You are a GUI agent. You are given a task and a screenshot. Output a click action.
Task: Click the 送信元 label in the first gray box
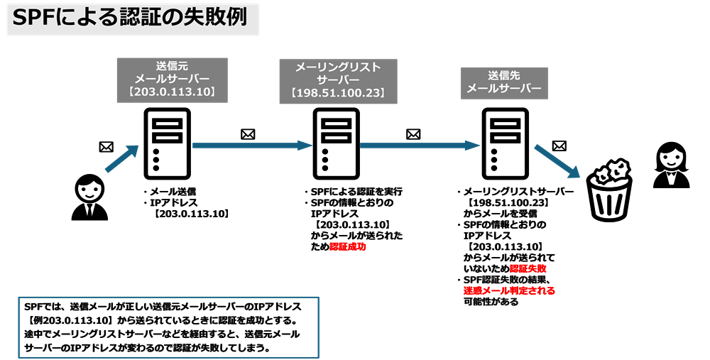coord(172,66)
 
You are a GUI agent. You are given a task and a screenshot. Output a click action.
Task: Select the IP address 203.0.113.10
coord(172,92)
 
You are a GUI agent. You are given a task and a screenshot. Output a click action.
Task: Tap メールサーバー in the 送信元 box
coord(172,80)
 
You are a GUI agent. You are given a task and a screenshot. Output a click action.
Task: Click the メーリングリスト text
coord(338,67)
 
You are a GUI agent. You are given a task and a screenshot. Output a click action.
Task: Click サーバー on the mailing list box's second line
coord(338,80)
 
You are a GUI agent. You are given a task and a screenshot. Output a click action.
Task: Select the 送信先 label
coord(504,75)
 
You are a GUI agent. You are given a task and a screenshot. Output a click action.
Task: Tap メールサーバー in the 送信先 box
coord(504,89)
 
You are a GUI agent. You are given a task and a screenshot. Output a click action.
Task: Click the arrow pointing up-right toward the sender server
coord(121,159)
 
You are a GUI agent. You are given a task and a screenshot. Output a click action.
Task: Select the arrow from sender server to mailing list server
coord(252,146)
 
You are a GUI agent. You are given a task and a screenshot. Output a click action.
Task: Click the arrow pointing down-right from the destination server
coord(557,162)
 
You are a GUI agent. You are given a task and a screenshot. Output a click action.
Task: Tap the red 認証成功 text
coord(347,247)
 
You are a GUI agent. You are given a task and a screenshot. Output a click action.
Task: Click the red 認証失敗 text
coord(527,268)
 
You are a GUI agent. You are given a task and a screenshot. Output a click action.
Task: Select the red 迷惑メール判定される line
coord(509,290)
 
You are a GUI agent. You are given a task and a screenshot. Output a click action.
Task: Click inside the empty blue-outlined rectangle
coord(168,327)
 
